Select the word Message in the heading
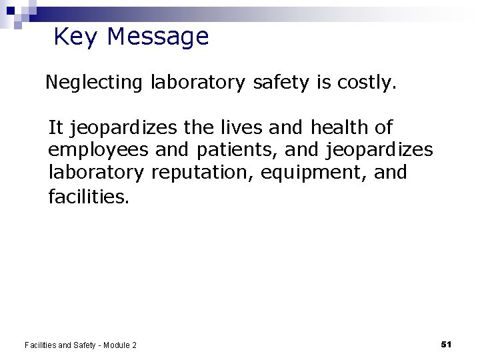click(x=157, y=37)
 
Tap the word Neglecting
click(x=94, y=83)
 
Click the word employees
click(x=99, y=149)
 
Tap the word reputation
click(x=203, y=172)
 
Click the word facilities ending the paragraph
click(x=89, y=196)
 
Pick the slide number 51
click(x=447, y=344)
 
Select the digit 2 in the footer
click(x=134, y=345)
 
